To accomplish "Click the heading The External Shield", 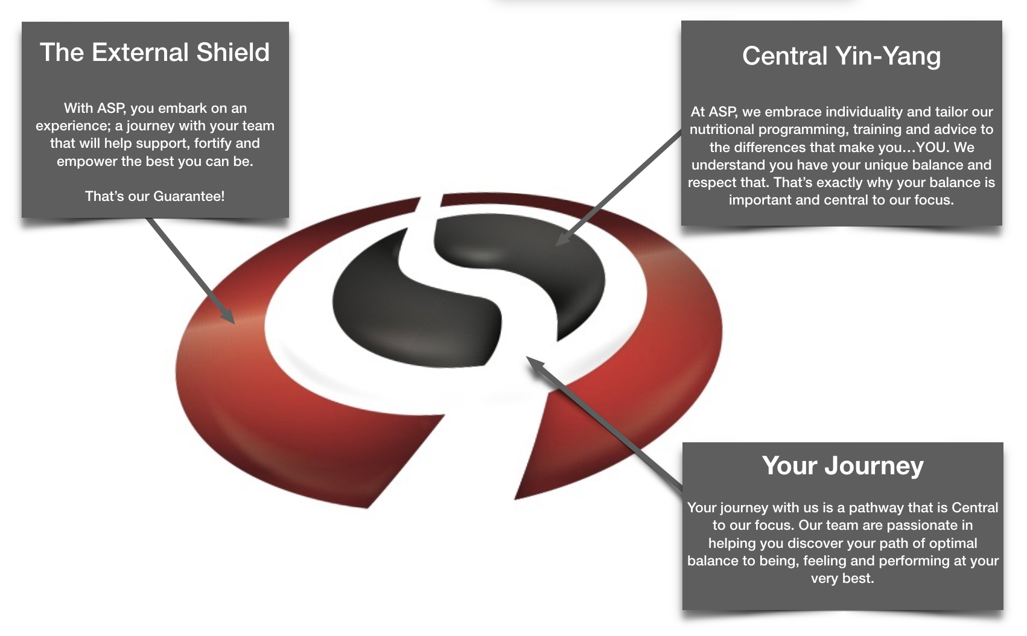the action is point(155,52).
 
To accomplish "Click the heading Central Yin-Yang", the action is point(841,56).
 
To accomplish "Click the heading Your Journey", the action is point(843,466).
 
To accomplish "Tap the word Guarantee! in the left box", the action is point(189,196).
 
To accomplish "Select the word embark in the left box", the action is point(183,108).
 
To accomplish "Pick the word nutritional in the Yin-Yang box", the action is point(722,130).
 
